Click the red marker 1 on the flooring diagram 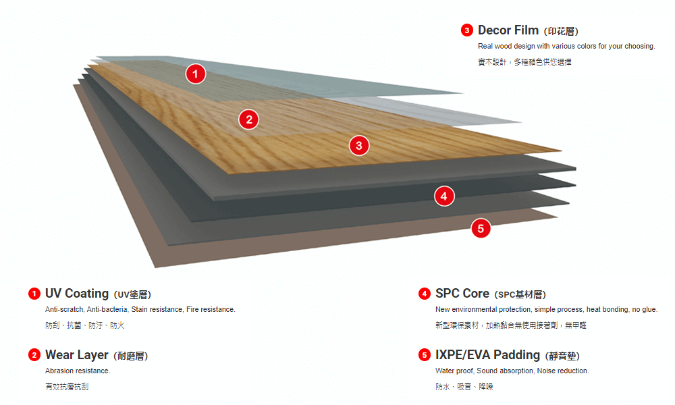[x=195, y=74]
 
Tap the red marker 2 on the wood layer [x=249, y=119]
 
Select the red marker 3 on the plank [x=359, y=144]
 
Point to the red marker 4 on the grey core [x=443, y=196]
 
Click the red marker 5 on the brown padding [x=481, y=228]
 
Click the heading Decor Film [x=508, y=30]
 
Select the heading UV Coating [x=77, y=294]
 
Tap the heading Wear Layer [x=77, y=355]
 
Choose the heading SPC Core [x=462, y=294]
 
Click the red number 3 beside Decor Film [x=467, y=30]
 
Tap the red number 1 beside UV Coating [x=34, y=294]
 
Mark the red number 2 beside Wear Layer [x=34, y=355]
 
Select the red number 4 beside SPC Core [x=425, y=294]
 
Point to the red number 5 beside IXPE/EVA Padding [x=425, y=355]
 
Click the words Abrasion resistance [x=78, y=371]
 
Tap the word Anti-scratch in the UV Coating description [x=64, y=309]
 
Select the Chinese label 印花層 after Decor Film [x=561, y=31]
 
